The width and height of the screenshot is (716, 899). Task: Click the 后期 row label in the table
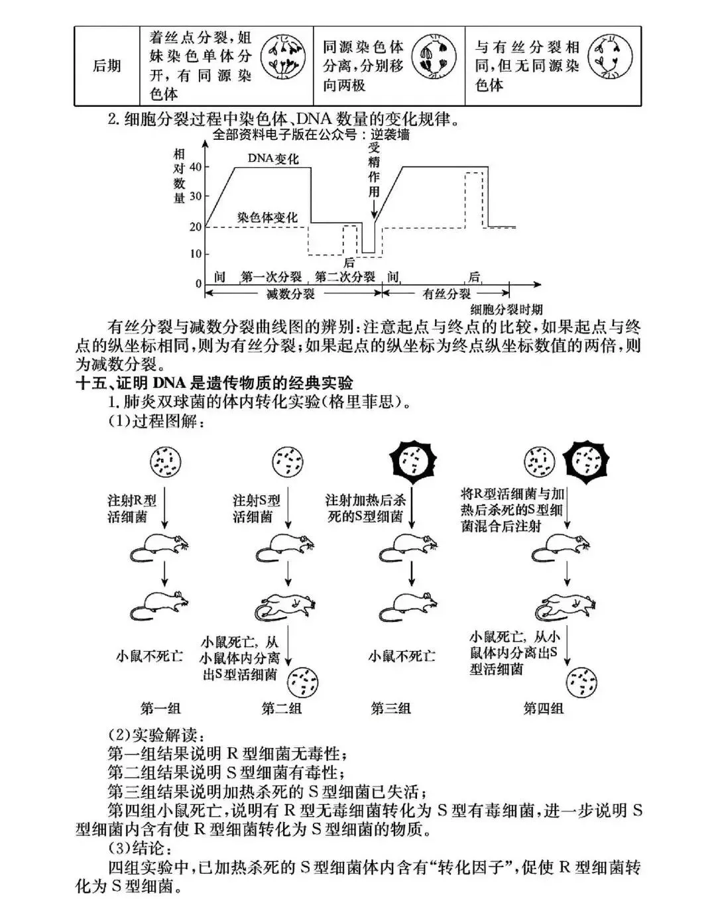pos(107,66)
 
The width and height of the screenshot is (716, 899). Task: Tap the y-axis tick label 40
pos(195,167)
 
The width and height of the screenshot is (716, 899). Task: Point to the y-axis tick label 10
pos(195,254)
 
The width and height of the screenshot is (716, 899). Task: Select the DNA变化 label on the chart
pos(273,159)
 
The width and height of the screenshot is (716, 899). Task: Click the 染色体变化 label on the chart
pos(268,217)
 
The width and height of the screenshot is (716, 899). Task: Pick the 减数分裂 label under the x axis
pos(290,294)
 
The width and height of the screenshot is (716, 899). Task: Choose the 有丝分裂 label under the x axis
pos(447,294)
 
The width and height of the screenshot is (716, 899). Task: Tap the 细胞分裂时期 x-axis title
pos(507,309)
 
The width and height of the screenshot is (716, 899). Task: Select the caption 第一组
pos(160,708)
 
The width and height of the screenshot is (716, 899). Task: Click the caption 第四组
pos(543,708)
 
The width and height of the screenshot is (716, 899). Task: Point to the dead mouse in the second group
pos(284,605)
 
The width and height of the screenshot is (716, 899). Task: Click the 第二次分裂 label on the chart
pos(345,277)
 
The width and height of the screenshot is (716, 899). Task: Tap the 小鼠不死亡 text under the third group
pos(402,656)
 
